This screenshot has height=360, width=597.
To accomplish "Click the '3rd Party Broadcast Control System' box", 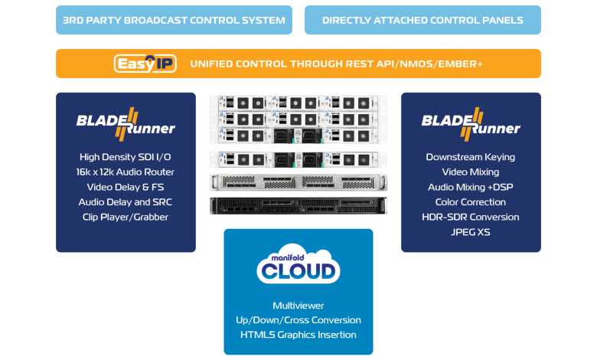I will (174, 20).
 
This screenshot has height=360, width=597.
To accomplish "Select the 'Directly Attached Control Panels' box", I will (422, 20).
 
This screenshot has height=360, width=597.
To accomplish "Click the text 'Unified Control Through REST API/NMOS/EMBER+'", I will (336, 64).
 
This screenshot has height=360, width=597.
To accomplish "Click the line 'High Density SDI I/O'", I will (126, 157).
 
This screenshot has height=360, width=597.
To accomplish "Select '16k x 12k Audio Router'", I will (126, 172).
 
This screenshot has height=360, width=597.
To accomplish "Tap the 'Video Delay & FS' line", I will (126, 187).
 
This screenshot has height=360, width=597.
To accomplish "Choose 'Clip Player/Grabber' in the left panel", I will (126, 217).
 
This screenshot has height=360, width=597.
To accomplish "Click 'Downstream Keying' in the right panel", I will (471, 157).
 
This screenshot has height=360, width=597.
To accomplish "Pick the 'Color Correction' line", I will (471, 202).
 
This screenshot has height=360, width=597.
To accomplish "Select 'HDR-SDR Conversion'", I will (471, 217).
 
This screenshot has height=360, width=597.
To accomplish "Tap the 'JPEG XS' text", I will (471, 231).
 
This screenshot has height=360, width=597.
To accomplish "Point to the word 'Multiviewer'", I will (298, 306).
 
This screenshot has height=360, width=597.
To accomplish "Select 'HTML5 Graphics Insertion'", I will (298, 335).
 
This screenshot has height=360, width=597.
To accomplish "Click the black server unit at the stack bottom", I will (298, 205).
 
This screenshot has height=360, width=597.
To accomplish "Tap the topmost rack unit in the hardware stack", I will (298, 102).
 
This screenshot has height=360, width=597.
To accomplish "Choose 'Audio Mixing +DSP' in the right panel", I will (471, 187).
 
